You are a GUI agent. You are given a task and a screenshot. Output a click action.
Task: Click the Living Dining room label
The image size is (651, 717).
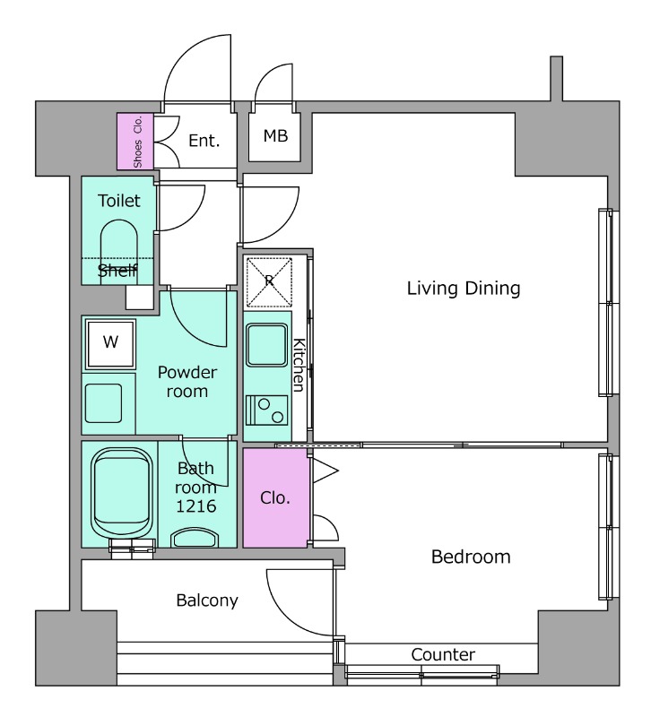click(464, 289)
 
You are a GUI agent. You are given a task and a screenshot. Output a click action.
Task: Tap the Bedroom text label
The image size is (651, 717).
click(471, 557)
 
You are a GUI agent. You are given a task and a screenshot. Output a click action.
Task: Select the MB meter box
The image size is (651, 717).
click(274, 136)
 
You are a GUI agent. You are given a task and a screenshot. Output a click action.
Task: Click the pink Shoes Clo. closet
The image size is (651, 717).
click(135, 142)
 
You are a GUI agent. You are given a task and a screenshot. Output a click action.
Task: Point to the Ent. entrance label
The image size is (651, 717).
click(204, 141)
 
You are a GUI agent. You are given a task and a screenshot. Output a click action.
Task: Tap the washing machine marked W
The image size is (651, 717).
click(110, 344)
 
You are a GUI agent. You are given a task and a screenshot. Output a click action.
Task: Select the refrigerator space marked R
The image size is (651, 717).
click(269, 281)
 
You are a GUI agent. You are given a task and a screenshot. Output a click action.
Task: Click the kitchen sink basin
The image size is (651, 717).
click(266, 345)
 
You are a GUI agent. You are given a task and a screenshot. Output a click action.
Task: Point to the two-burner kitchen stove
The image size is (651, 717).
click(266, 410)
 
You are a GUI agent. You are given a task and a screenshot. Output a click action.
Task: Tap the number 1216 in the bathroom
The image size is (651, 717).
click(195, 506)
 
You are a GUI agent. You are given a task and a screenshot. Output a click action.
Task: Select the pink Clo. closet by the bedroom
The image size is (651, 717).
click(275, 498)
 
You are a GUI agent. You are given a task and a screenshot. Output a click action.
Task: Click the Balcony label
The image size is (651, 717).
click(207, 600)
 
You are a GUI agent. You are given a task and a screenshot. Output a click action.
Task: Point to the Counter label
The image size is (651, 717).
click(443, 654)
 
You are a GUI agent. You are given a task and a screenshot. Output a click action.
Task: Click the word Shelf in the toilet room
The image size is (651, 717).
click(117, 271)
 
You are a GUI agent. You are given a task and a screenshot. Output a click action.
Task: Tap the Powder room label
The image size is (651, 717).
click(187, 382)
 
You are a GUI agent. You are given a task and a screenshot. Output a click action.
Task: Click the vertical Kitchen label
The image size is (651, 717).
click(299, 365)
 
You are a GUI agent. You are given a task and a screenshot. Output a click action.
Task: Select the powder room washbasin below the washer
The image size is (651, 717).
click(103, 403)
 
